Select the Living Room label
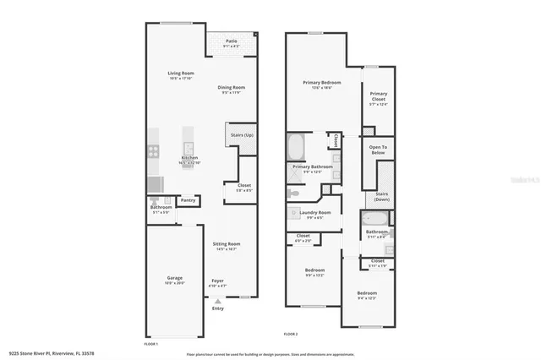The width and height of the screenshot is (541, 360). click(x=181, y=74)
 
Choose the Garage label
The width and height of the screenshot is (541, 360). click(x=174, y=278)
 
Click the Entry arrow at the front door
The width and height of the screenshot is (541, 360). click(x=218, y=302)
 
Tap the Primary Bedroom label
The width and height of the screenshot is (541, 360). click(x=322, y=83)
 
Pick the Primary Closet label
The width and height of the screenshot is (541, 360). click(x=378, y=96)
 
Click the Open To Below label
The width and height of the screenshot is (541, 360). click(x=378, y=150)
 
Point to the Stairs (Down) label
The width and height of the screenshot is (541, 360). click(x=381, y=196)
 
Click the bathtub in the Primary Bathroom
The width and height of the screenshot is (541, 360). click(x=297, y=149)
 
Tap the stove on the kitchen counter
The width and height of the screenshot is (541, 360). click(x=154, y=152)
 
